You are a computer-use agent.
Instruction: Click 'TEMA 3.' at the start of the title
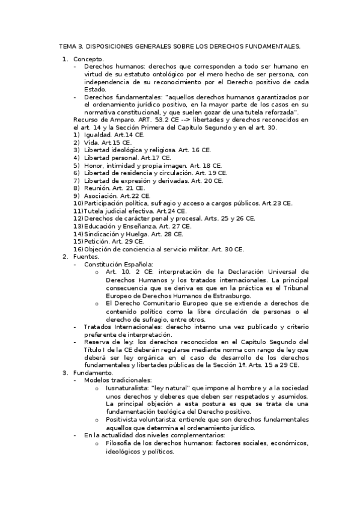coord(71,46)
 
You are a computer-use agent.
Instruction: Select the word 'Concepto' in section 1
coord(88,59)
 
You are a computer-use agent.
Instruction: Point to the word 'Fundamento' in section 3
coord(92,373)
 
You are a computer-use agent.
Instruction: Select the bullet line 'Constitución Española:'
coord(118,263)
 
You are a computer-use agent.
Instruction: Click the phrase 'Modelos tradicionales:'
coord(118,381)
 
